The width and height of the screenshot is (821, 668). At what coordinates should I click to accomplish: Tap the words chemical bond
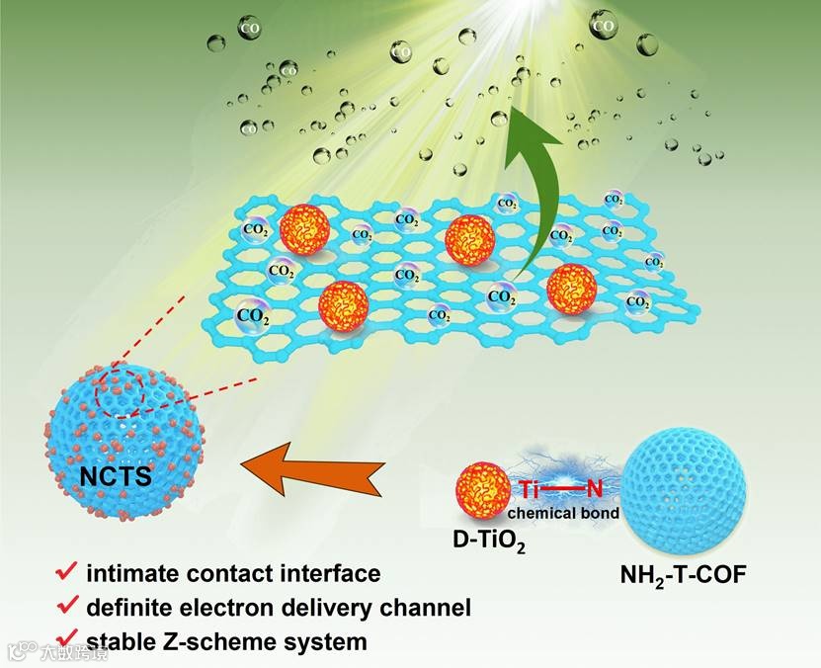563,513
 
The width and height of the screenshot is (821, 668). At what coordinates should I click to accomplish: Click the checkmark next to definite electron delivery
68,605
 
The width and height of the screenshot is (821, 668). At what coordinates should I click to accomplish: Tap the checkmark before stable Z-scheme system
68,638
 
